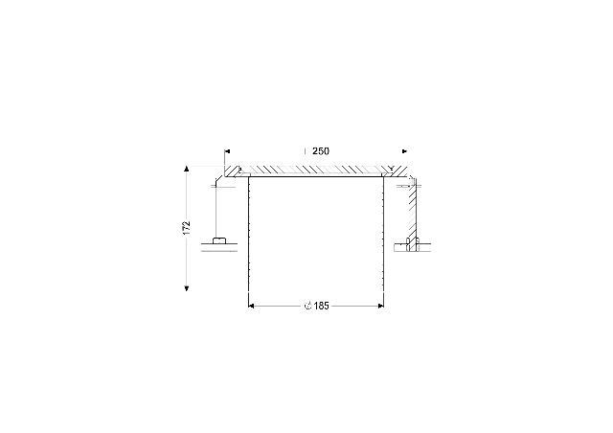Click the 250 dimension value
[x=321, y=151]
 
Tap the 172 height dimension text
[x=187, y=228]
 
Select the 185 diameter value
[x=322, y=306]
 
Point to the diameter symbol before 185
[x=308, y=306]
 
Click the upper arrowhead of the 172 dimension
[x=187, y=169]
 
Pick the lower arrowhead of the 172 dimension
[x=187, y=288]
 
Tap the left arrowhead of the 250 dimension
[x=228, y=151]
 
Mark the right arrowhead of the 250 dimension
[x=404, y=151]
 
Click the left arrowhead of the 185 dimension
[x=251, y=306]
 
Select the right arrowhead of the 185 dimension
[x=381, y=306]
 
